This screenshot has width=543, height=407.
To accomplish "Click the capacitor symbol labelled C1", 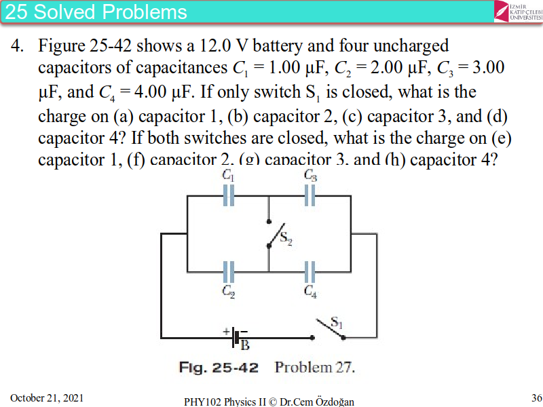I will (x=229, y=195).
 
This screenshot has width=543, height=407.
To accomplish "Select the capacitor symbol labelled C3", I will (x=310, y=195).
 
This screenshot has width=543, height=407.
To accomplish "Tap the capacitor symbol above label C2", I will (x=229, y=272).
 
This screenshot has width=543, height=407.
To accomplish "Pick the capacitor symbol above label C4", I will (x=310, y=272).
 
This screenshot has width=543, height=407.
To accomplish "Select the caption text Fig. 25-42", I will (x=219, y=368).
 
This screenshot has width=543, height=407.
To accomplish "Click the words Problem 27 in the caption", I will (x=315, y=368).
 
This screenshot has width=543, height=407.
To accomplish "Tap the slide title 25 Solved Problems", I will (x=96, y=12).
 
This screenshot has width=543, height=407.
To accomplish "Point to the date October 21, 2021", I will (x=47, y=398).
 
